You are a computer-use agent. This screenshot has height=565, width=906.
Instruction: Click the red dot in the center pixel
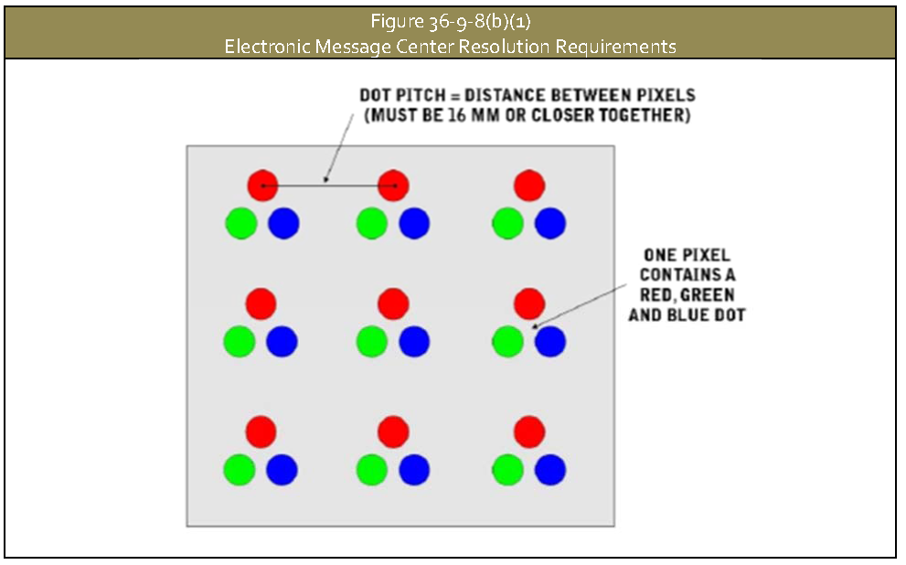(x=393, y=304)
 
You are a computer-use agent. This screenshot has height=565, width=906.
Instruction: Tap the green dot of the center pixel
(x=371, y=341)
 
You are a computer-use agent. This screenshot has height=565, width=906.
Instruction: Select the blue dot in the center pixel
(x=414, y=341)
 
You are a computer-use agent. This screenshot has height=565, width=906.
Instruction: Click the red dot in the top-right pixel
(x=529, y=185)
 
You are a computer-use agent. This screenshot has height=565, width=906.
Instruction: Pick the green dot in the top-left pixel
(x=240, y=223)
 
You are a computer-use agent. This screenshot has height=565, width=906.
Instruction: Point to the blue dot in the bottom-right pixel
(x=549, y=469)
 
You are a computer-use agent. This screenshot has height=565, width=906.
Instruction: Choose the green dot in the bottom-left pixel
(x=240, y=469)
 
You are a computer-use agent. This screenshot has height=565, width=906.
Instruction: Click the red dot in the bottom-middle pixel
(x=393, y=431)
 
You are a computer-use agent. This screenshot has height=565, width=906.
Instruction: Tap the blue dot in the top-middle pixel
(x=414, y=223)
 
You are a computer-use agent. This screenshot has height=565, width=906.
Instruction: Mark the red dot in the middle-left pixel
(x=261, y=304)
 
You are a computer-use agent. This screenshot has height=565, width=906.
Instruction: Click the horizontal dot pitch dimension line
(x=327, y=186)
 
